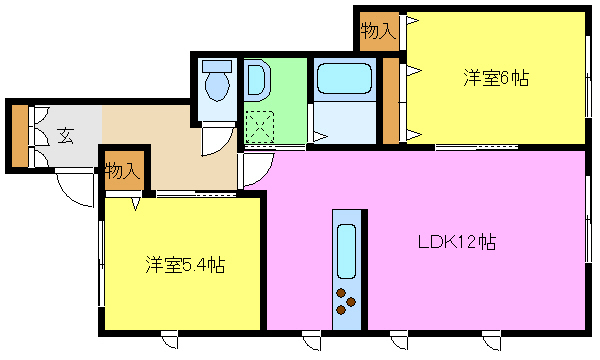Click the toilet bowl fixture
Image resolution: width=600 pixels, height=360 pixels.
click(x=217, y=80)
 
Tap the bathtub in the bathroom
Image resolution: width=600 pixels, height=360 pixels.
click(x=344, y=78)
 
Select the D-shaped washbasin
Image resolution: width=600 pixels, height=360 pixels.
click(x=257, y=80)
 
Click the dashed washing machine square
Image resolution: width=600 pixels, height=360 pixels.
click(x=260, y=127)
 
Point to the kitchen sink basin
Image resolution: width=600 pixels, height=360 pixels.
click(x=347, y=251)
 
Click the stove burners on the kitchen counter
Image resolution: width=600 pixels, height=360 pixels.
click(x=346, y=301)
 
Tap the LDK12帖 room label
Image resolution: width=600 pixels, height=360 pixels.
click(x=457, y=242)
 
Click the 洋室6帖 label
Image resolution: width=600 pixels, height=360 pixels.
click(x=496, y=78)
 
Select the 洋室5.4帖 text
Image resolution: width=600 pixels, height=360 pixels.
click(x=185, y=265)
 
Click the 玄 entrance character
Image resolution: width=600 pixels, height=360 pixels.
click(x=65, y=135)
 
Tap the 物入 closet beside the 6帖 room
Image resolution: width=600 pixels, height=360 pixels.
click(x=378, y=31)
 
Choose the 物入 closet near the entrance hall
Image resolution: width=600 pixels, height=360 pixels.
click(x=123, y=170)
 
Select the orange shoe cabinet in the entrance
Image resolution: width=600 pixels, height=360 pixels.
click(x=20, y=136)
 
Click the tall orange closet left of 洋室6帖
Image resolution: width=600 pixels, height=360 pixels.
click(x=391, y=101)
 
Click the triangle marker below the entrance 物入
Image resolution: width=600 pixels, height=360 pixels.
click(x=135, y=204)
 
